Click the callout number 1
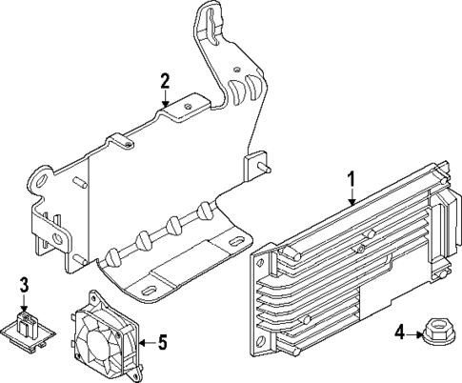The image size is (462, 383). coord(351,177)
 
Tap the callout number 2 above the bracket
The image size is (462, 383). coord(165,80)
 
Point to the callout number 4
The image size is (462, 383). coord(400,333)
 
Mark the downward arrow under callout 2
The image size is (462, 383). coord(165,97)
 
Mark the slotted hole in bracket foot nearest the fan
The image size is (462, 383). coord(150,287)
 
